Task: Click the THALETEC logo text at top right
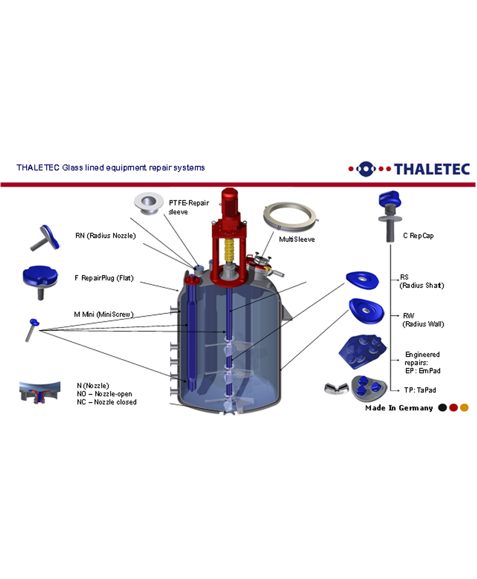click(432, 169)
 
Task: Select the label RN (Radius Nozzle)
click(105, 236)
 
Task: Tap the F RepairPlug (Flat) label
click(104, 278)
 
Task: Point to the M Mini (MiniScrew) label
click(104, 314)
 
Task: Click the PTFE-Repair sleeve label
click(188, 207)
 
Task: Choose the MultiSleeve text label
click(297, 239)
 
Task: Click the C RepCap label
click(418, 236)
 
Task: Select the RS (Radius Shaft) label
click(422, 281)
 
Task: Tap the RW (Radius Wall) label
click(423, 320)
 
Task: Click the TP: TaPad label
click(420, 390)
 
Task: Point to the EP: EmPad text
click(423, 371)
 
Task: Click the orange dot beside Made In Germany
click(464, 408)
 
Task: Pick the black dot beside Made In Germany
click(442, 408)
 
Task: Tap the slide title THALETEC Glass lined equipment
click(111, 168)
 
